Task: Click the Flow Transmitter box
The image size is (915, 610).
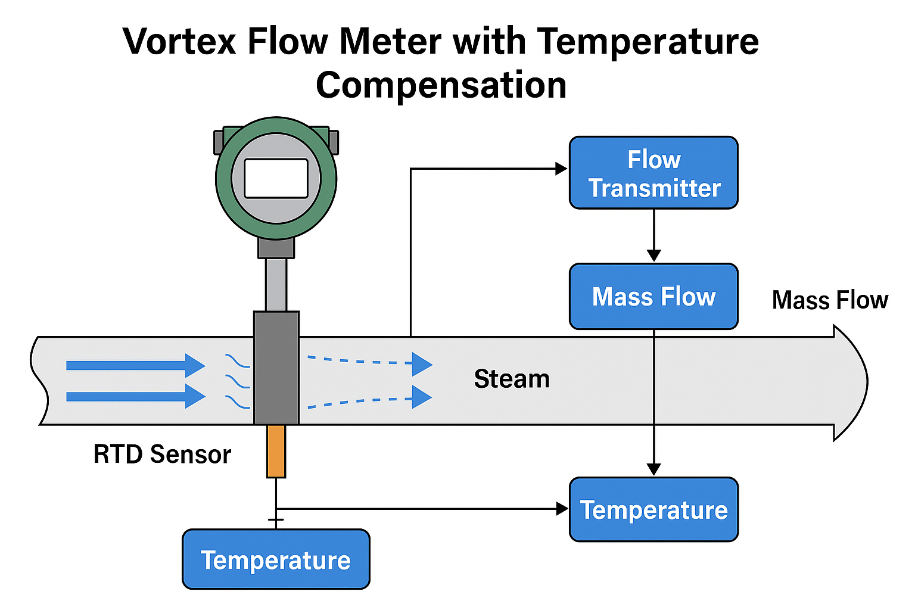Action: (x=653, y=173)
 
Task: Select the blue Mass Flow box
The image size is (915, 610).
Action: (x=653, y=297)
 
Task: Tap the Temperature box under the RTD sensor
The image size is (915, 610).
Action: (x=276, y=559)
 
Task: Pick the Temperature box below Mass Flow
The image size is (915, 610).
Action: (x=653, y=510)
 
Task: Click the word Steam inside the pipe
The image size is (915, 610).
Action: (x=512, y=379)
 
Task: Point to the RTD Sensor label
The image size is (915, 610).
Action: (x=162, y=454)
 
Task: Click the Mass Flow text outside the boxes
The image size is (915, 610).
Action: (x=830, y=300)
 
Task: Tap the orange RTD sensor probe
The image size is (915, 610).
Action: (x=276, y=451)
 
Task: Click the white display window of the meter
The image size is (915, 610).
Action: (x=276, y=178)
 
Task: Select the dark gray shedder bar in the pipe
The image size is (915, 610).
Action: (x=276, y=368)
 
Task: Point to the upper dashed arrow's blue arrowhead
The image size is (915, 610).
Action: (x=421, y=364)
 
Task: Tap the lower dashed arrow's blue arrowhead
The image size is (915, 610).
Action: (x=421, y=397)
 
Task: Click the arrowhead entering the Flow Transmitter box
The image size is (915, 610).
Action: (x=561, y=169)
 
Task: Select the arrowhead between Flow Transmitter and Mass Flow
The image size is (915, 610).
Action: (x=653, y=255)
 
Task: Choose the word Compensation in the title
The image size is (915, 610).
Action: (x=441, y=85)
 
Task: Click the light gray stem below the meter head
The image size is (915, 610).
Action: (x=276, y=284)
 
